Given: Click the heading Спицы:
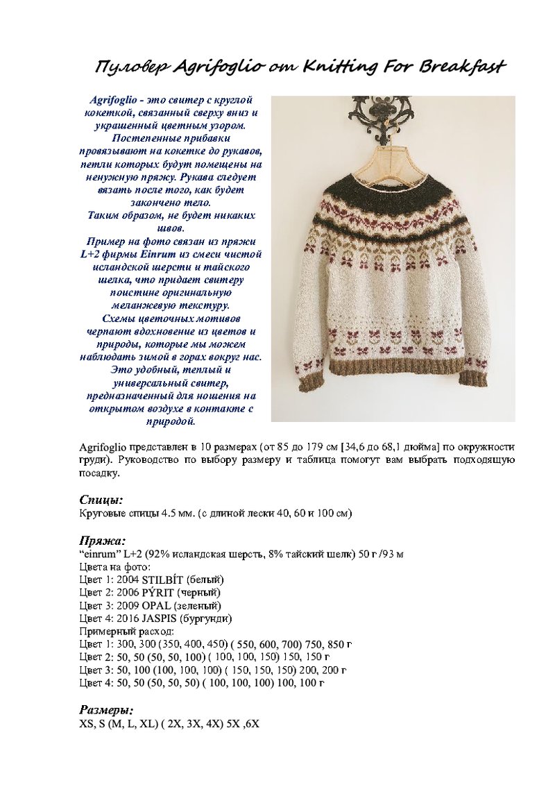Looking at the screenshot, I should pyautogui.click(x=101, y=500).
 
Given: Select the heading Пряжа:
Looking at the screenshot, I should pyautogui.click(x=102, y=540).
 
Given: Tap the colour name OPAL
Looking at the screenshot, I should pyautogui.click(x=156, y=605).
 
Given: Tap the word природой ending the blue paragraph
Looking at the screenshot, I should pyautogui.click(x=171, y=421).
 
